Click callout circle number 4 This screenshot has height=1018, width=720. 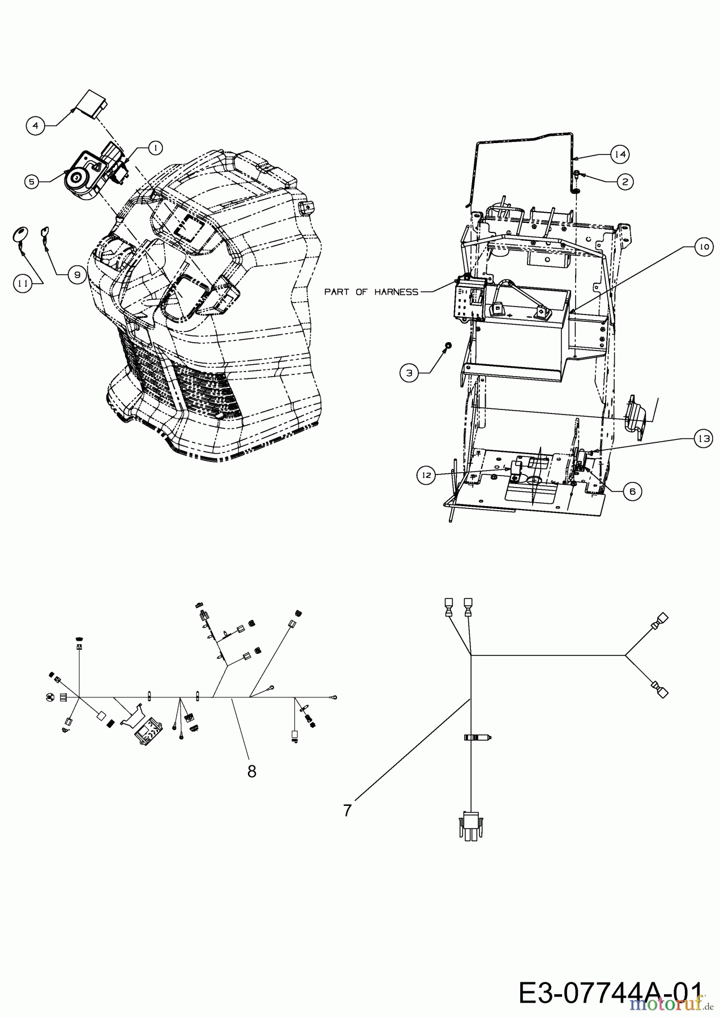(36, 126)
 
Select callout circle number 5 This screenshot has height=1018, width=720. (32, 182)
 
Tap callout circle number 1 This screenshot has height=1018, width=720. (154, 148)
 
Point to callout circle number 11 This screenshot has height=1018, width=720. (22, 284)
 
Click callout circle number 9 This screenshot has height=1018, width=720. (76, 275)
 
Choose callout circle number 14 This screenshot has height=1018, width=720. (620, 153)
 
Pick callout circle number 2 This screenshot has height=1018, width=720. (624, 181)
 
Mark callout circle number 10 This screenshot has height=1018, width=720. (702, 247)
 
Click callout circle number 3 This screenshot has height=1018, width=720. (409, 372)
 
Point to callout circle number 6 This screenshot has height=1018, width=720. (632, 491)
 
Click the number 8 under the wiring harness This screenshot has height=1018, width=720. (252, 771)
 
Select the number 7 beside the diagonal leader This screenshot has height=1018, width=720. (347, 810)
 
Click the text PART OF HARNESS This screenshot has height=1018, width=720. (371, 292)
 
